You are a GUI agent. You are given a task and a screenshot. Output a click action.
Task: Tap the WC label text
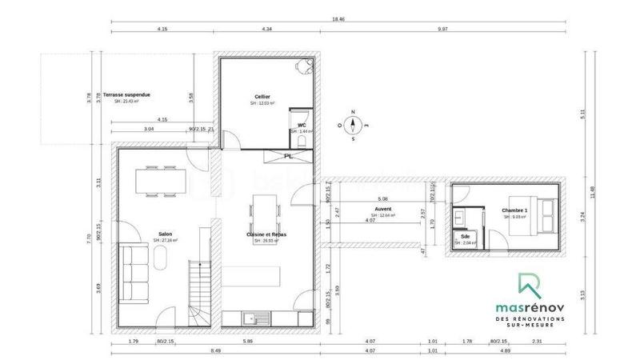[x=301, y=125]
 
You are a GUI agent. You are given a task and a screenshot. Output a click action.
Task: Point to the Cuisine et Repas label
[x=266, y=234]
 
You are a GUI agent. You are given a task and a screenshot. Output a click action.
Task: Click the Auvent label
[x=382, y=210]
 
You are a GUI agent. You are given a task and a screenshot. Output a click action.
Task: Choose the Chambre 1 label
[x=514, y=210]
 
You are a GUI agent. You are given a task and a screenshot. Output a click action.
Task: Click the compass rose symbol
[x=353, y=125]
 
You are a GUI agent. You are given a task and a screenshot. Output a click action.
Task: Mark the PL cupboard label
[x=286, y=156]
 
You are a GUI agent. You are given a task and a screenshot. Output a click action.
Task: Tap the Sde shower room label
[x=466, y=237]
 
